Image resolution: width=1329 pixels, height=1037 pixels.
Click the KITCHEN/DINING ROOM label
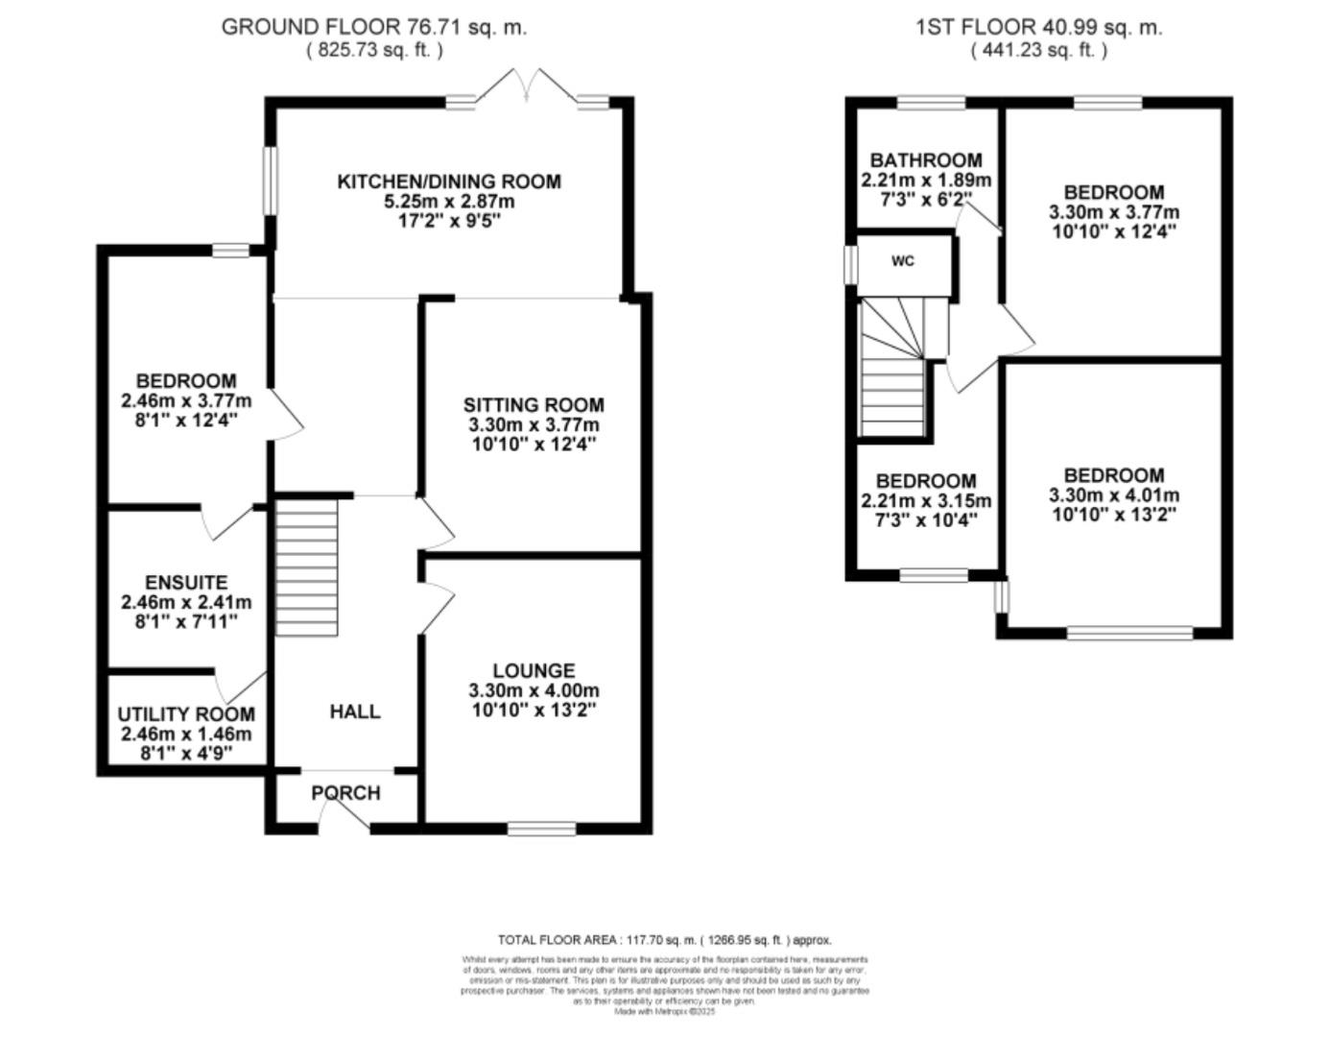(x=448, y=181)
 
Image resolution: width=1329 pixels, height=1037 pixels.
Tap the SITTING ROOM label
(x=534, y=404)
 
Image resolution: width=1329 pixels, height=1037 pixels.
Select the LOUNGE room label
(x=534, y=670)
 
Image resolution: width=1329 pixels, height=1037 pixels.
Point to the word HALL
(x=354, y=711)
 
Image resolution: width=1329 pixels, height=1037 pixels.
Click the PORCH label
(x=345, y=793)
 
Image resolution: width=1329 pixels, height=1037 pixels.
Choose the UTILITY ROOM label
(x=186, y=714)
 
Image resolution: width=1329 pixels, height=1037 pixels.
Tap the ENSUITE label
(x=186, y=583)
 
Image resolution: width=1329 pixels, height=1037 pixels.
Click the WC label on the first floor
(x=903, y=261)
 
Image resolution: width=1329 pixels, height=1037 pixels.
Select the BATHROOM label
(x=926, y=160)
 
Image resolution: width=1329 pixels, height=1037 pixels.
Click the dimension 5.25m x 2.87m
(x=448, y=202)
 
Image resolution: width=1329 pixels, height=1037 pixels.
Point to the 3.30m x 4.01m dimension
(x=1114, y=496)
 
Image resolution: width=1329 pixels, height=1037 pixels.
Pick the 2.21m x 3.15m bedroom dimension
(x=926, y=501)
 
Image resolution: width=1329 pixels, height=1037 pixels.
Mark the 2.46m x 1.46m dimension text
(x=186, y=735)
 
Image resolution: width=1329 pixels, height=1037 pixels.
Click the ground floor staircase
(x=307, y=569)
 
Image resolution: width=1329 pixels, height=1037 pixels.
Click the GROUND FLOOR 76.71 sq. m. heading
(x=374, y=27)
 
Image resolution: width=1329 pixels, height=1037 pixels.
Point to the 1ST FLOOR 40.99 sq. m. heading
(x=1038, y=27)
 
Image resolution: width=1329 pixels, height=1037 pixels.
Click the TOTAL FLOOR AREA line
(x=664, y=940)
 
